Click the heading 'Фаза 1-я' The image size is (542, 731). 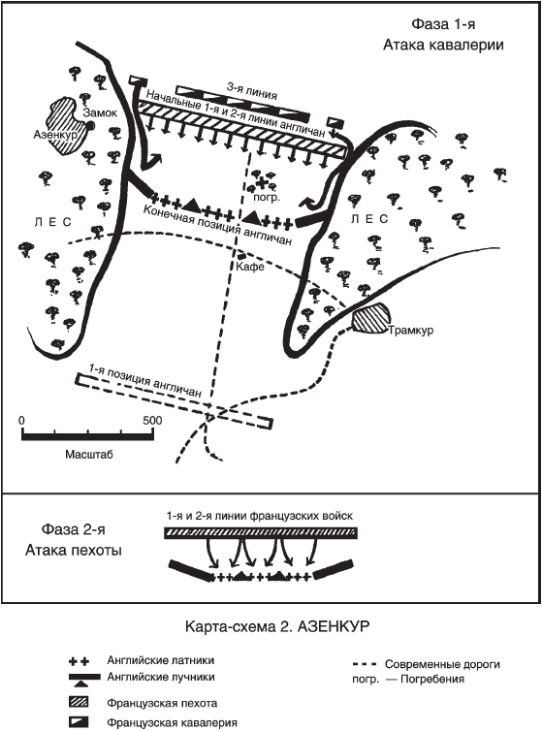pos(443,24)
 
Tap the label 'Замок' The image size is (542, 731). pos(100,112)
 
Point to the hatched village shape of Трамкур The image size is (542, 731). pos(369,317)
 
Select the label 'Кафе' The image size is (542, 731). pos(250,267)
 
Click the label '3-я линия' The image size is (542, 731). pos(251,91)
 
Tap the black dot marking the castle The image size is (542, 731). pos(90,125)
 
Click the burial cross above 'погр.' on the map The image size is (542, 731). pos(265,181)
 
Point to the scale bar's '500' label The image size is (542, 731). pos(152,420)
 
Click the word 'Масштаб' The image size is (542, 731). pos(89,454)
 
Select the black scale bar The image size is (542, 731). pos(87,436)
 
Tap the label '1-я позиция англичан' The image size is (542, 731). pos(145,380)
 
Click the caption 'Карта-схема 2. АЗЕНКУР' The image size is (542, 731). pos(277,626)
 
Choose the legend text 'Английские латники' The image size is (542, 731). pos(160,660)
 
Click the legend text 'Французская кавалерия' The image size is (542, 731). pos(172,723)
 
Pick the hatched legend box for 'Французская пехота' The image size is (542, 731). pos(81,702)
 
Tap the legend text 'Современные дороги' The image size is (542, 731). pos(442,664)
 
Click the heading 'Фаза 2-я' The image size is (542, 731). pos(74,529)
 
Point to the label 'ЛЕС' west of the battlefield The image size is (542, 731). pos(52,222)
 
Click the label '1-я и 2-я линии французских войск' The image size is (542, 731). pos(259,516)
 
